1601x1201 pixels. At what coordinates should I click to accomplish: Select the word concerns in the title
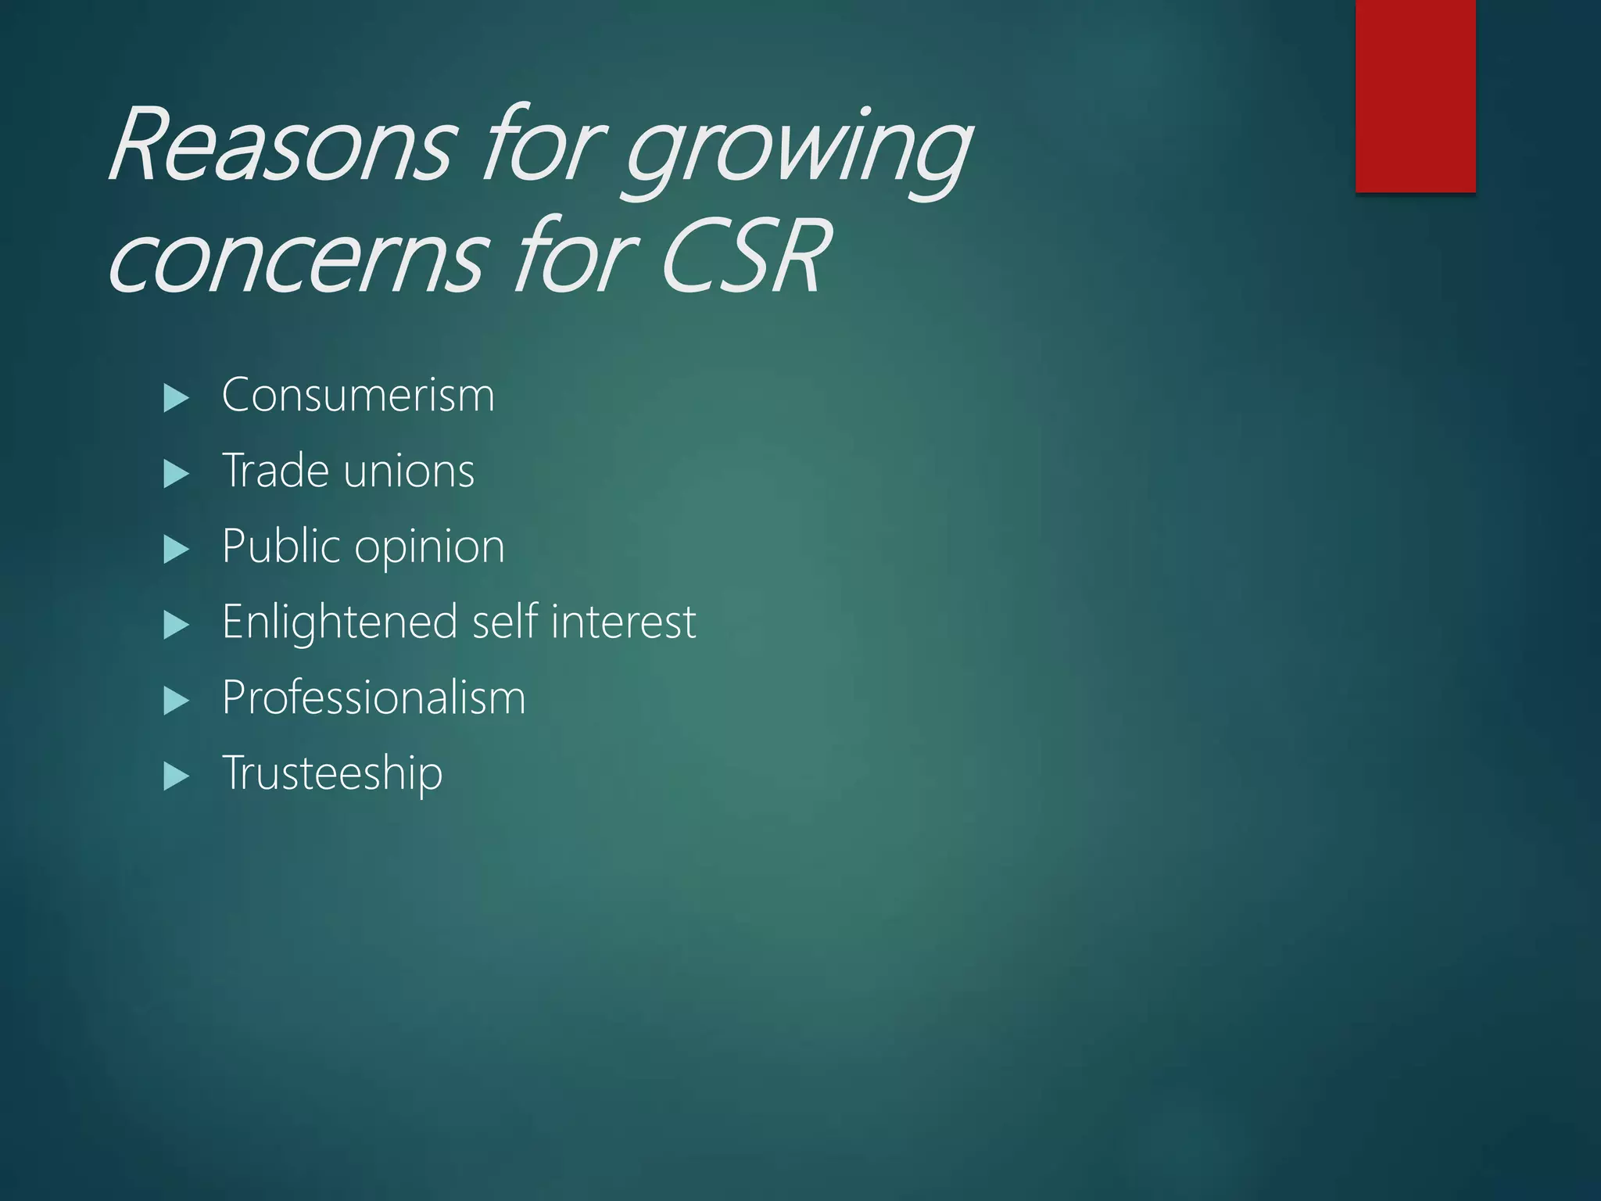(297, 258)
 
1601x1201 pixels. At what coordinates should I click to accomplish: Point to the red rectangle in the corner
(1415, 95)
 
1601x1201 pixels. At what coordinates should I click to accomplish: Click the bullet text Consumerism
(358, 396)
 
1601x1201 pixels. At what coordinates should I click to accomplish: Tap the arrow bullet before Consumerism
(177, 399)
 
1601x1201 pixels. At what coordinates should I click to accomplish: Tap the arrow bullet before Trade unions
(177, 474)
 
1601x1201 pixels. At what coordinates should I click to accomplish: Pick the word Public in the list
(281, 546)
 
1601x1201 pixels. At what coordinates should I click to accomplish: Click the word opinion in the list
(429, 547)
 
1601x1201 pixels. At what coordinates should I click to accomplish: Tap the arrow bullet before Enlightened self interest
(177, 626)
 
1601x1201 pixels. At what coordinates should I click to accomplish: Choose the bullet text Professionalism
(374, 697)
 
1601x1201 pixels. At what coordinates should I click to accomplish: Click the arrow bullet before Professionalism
(177, 701)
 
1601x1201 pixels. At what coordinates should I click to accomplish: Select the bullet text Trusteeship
(332, 773)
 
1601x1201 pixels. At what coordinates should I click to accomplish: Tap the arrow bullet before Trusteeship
(177, 776)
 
